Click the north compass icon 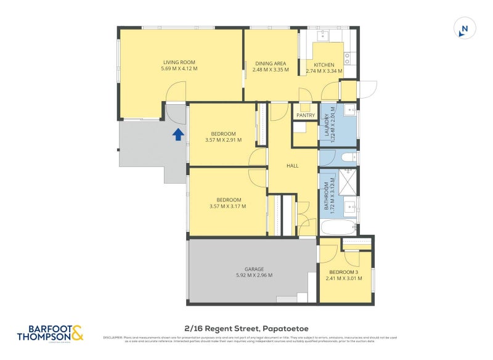465,28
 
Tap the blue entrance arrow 177,134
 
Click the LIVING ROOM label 179,62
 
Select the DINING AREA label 271,63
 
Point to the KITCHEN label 324,65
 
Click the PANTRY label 306,115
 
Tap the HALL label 293,166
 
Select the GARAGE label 254,269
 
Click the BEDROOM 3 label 344,272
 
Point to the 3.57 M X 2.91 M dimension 223,140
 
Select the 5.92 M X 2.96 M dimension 254,276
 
